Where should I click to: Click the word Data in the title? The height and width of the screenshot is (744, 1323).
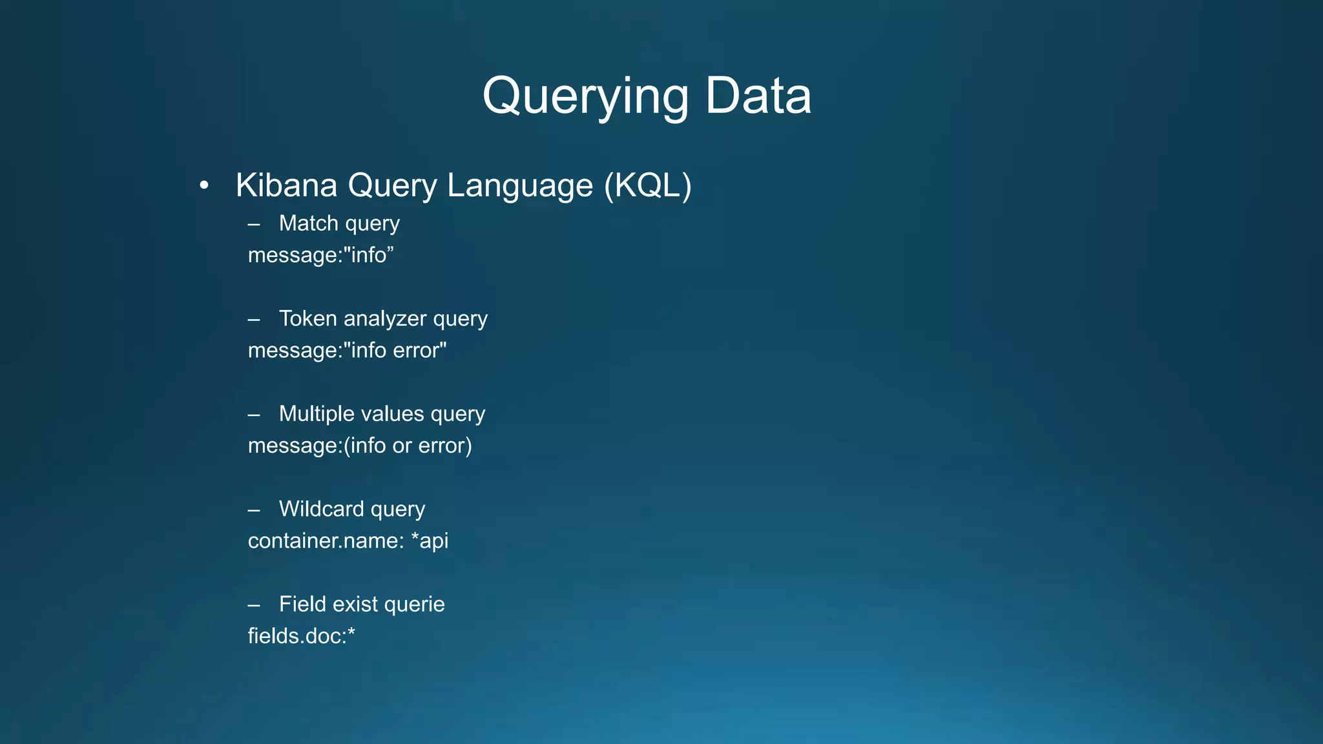pos(758,96)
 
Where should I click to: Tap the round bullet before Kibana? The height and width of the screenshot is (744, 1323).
pos(204,186)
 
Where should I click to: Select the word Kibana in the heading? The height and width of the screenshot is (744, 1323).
pos(286,185)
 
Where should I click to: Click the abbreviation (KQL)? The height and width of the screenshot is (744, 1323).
pos(648,185)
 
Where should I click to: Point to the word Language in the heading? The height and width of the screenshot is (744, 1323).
pos(520,185)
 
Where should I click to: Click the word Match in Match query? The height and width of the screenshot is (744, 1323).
pos(309,223)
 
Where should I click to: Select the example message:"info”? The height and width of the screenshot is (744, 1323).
pos(320,255)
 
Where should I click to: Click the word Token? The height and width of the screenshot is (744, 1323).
pos(307,318)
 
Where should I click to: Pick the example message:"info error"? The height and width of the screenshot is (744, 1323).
pos(347,351)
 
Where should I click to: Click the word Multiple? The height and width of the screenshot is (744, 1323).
pos(319,414)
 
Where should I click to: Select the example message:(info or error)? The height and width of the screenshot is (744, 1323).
pos(360,446)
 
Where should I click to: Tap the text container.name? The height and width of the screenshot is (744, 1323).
pos(326,541)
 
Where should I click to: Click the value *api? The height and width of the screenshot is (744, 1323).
pos(430,541)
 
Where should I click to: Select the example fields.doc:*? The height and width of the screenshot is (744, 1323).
pos(302,636)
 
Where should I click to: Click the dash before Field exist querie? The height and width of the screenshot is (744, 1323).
pos(254,605)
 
